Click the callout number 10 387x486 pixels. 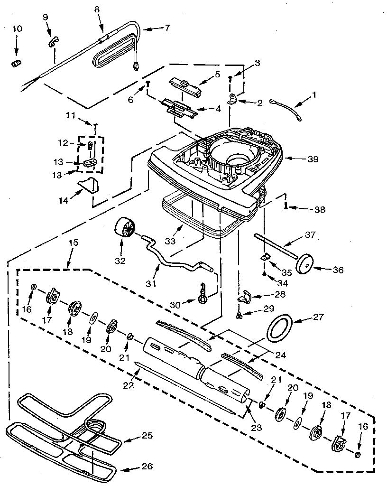click(17, 29)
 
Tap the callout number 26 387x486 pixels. click(147, 467)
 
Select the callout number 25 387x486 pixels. click(147, 435)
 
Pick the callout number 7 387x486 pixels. click(167, 28)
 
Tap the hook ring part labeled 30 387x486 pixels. click(203, 298)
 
